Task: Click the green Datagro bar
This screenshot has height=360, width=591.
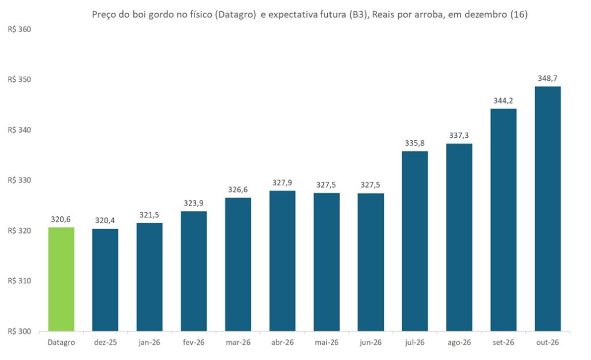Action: pos(61,279)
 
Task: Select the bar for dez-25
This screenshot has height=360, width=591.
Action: pos(105,280)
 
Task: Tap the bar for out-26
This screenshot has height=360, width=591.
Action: pos(547,209)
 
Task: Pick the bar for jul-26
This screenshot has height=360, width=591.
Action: pos(415,241)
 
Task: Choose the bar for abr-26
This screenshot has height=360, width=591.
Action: pos(282,261)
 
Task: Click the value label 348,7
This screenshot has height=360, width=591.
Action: pos(547,78)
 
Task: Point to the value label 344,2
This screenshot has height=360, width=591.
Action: pos(503,100)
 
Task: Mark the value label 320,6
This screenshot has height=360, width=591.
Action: pos(61,219)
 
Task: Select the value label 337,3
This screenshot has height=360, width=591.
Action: pos(459,136)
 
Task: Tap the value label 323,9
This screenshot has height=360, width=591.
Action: pos(193,203)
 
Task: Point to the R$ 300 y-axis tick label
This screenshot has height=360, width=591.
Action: pos(20,331)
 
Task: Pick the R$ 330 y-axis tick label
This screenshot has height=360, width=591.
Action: pos(20,181)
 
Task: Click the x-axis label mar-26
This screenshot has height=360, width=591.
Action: pos(238,343)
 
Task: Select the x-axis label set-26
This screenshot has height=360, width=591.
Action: pos(503,343)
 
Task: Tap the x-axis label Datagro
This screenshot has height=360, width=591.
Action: pos(61,343)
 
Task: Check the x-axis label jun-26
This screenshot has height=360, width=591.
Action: pos(371,343)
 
